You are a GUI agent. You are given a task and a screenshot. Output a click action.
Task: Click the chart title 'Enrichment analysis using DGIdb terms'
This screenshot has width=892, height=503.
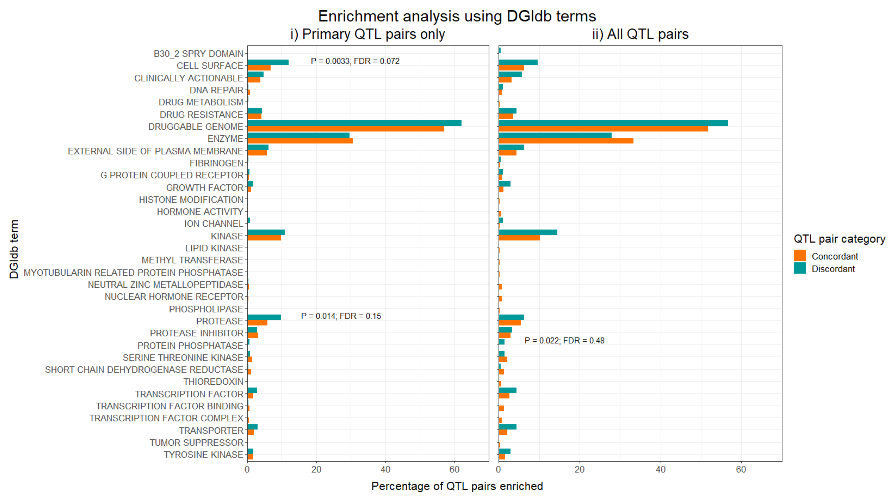pos(457,16)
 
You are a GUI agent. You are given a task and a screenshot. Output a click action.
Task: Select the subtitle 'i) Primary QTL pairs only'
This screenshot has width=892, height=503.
pos(367,34)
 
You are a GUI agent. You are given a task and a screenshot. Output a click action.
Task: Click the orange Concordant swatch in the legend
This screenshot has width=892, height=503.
pos(800,256)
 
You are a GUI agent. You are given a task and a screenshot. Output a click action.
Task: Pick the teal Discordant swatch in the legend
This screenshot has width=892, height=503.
pos(800,268)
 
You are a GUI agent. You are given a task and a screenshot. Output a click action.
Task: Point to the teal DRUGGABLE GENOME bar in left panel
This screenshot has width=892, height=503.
pos(354,123)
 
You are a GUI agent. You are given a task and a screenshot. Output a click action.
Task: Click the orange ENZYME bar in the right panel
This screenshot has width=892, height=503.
pos(566,141)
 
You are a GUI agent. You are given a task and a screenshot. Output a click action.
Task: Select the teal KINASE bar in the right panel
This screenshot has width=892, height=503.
pos(527,232)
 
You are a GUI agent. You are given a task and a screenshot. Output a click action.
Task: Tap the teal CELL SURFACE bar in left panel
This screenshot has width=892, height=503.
pos(268,62)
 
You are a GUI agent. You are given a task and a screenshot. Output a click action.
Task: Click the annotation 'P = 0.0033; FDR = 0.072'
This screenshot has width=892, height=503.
pos(355,61)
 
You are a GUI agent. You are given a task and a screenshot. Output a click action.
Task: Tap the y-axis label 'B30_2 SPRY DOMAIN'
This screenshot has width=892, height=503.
pos(198,54)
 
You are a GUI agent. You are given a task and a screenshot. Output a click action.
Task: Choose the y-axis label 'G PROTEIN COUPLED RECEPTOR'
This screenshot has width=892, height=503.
pos(172,175)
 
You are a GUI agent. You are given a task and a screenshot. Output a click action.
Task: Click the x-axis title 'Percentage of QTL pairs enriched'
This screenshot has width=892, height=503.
pos(457,486)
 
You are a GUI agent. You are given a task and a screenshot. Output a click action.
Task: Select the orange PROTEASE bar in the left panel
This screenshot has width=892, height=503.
pos(257,323)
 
